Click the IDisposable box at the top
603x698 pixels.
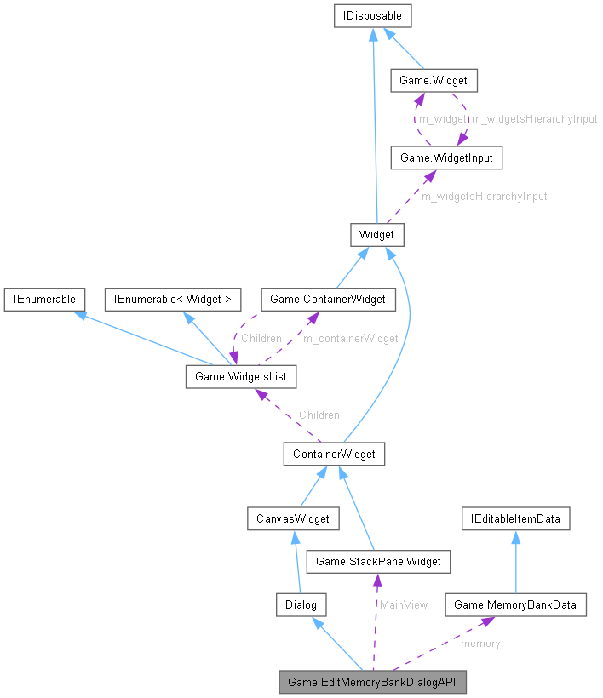coord(374,15)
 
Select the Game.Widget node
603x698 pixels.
coord(433,81)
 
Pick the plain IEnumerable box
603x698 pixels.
coord(43,299)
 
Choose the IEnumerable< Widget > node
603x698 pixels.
coord(172,299)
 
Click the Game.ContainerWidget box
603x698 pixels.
coord(328,299)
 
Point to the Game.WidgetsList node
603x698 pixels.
coord(241,376)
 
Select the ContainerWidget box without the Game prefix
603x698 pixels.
coord(334,454)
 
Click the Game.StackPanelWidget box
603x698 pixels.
coord(378,561)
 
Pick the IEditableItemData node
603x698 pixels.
coord(515,517)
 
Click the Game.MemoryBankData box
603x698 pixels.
coord(515,605)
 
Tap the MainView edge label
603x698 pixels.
coord(403,604)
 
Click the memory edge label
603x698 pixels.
coord(480,644)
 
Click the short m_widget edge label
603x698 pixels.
coord(443,119)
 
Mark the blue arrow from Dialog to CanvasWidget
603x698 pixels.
coord(296,562)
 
